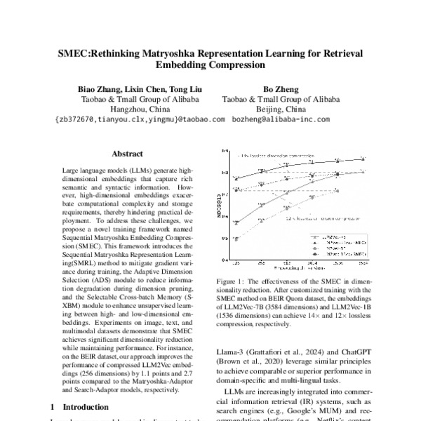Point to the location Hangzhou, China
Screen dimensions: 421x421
[x=141, y=109]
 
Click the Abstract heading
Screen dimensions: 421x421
[x=128, y=154]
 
